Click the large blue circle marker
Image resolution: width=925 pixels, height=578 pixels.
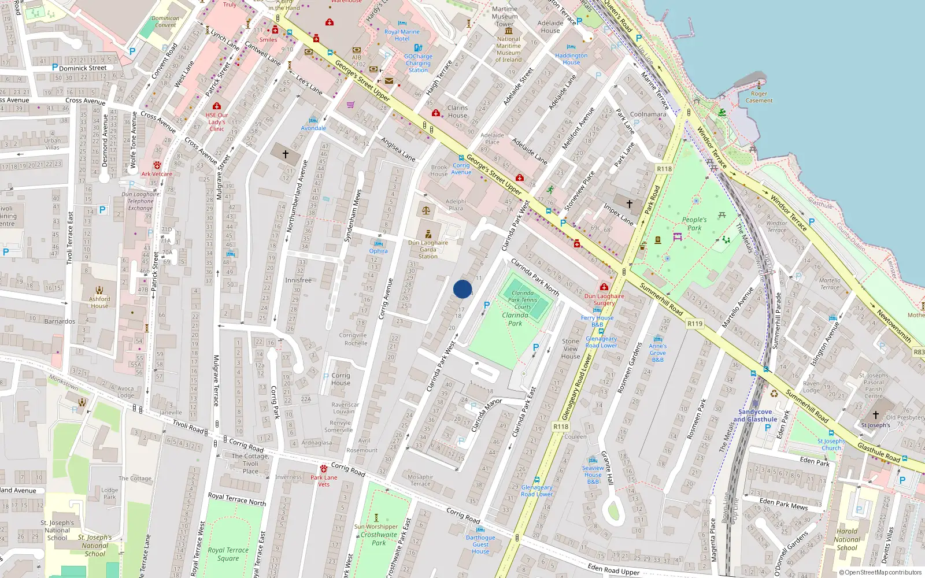coord(462,289)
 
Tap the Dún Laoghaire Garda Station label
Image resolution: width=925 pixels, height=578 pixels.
coord(428,250)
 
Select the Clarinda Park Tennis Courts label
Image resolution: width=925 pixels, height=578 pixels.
coord(522,299)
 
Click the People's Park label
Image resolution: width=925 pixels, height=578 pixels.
coord(694,224)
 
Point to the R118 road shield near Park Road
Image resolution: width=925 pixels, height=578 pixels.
coord(664,169)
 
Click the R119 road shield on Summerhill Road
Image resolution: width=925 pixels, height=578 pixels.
coord(695,324)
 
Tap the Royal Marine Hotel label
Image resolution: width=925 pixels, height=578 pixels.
coord(402,35)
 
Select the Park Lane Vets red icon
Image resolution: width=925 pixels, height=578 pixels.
coord(324,468)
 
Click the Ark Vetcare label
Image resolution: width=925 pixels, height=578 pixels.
coord(157,173)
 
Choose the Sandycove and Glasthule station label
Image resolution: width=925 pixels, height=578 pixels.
coord(755,416)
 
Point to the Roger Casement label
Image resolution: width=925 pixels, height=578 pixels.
coord(758,97)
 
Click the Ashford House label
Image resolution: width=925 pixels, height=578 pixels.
coord(99,302)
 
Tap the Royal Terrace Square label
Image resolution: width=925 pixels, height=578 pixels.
coord(228,554)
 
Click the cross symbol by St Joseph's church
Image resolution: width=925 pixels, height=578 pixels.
coord(875,415)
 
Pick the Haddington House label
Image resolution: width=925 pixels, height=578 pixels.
coord(571,59)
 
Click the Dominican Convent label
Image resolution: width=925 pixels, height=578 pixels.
coord(165,21)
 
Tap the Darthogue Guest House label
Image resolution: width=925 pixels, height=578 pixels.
coord(480,544)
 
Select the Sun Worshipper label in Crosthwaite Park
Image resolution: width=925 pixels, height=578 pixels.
coord(376,527)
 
